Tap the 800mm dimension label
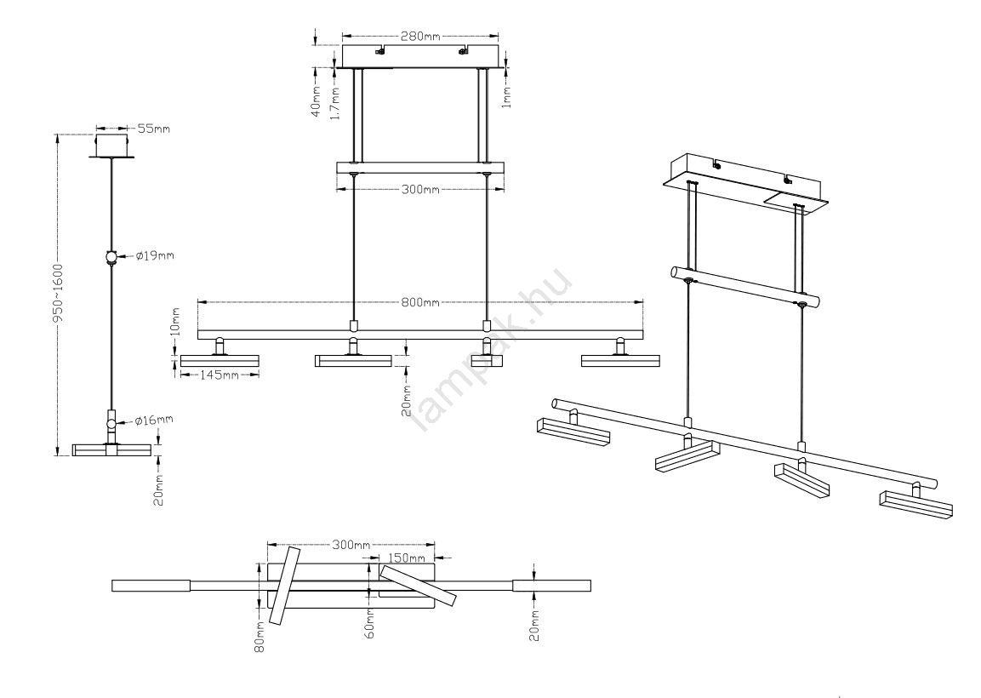coord(421,302)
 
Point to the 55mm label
coord(153,129)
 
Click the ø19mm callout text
coord(155,255)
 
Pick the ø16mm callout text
coord(155,420)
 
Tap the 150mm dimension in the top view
coord(405,558)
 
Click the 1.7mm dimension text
coord(335,102)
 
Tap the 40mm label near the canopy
coord(316,101)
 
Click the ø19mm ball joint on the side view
coord(111,257)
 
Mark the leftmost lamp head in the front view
coord(219,361)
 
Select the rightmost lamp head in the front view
coord(619,361)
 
